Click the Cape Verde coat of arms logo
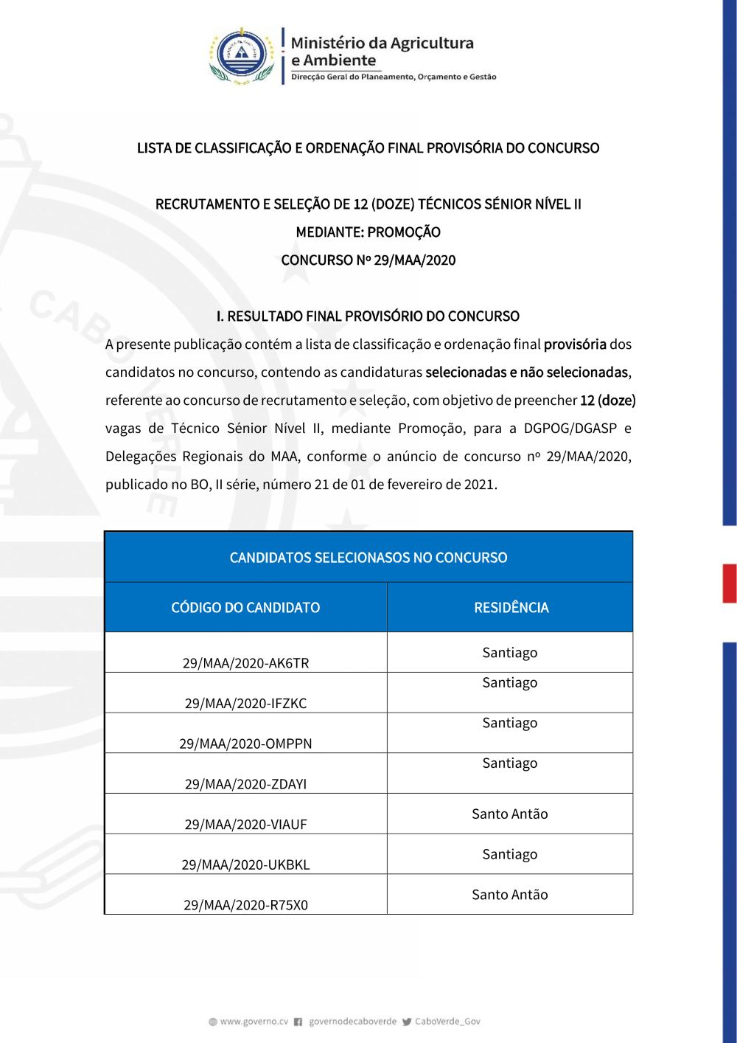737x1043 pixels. pyautogui.click(x=242, y=56)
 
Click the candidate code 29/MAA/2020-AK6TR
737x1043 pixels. pyautogui.click(x=245, y=662)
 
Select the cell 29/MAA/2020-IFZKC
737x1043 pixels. pyautogui.click(x=245, y=703)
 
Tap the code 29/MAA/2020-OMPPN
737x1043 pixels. pyautogui.click(x=245, y=744)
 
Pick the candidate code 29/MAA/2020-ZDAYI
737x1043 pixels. pyautogui.click(x=245, y=784)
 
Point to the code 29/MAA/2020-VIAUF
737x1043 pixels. pyautogui.click(x=245, y=824)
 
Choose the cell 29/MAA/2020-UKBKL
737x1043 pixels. pyautogui.click(x=245, y=864)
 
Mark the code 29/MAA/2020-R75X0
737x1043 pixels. pyautogui.click(x=245, y=905)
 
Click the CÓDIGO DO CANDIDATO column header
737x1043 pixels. pyautogui.click(x=245, y=608)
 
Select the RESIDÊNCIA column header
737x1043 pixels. pyautogui.click(x=511, y=608)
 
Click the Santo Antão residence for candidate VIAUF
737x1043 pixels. pyautogui.click(x=510, y=814)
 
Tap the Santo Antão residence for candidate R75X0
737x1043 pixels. pyautogui.click(x=510, y=895)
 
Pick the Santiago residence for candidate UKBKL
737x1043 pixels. pyautogui.click(x=510, y=854)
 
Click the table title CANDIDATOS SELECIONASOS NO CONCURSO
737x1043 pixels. pyautogui.click(x=368, y=558)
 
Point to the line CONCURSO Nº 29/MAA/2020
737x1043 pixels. pyautogui.click(x=368, y=260)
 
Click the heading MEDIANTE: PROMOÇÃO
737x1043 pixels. pyautogui.click(x=368, y=232)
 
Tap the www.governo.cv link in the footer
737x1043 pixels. pyautogui.click(x=254, y=1022)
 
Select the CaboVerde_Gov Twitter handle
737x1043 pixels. pyautogui.click(x=447, y=1022)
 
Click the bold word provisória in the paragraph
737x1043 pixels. pyautogui.click(x=575, y=344)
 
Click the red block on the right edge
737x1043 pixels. pyautogui.click(x=730, y=583)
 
